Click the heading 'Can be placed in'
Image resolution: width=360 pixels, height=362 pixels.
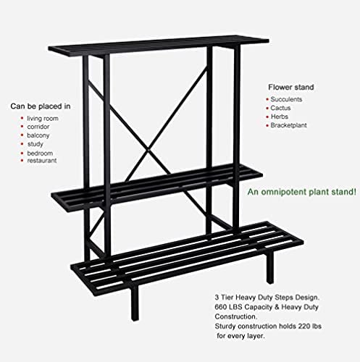[41, 106]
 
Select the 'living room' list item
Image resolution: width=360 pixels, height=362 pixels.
[43, 119]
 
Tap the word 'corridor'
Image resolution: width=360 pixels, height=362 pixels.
[38, 127]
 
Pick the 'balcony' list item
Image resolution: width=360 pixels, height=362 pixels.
[38, 135]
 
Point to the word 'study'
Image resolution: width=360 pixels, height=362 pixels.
[35, 144]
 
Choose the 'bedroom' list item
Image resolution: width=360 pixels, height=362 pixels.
[40, 153]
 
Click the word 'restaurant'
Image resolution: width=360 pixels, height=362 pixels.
[42, 161]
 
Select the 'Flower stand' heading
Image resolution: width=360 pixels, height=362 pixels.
[291, 87]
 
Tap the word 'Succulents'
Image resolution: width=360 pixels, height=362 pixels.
[286, 99]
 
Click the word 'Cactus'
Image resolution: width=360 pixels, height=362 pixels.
[280, 108]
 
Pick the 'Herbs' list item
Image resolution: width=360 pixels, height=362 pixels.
[280, 117]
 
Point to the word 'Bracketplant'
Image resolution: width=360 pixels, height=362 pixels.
[288, 125]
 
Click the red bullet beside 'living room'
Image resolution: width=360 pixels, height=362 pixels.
[22, 118]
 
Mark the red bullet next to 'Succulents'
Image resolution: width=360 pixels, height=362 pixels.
[267, 99]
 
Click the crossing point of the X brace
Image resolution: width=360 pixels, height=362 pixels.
[148, 150]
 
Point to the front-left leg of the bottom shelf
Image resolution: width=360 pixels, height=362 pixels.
[135, 303]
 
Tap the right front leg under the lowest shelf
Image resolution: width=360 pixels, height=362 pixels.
[270, 267]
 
